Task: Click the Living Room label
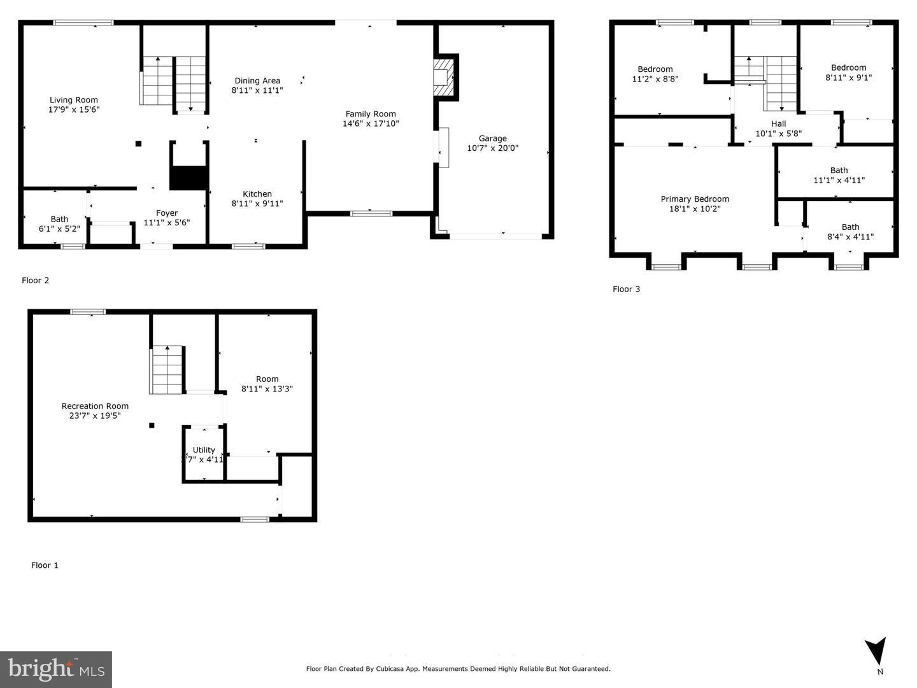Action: click(74, 100)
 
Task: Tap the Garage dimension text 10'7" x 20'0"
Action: click(492, 148)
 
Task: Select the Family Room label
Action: click(371, 114)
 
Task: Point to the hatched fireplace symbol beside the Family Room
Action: click(443, 78)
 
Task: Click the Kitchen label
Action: click(257, 193)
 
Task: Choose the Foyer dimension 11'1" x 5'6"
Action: click(167, 223)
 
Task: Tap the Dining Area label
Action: click(257, 81)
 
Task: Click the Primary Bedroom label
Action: click(695, 199)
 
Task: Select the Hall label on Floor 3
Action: click(778, 123)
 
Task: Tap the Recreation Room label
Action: click(95, 406)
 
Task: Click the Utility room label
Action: click(204, 450)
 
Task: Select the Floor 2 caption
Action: click(36, 281)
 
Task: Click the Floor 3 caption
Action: click(626, 290)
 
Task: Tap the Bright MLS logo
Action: click(56, 669)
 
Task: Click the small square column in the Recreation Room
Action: click(152, 425)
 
